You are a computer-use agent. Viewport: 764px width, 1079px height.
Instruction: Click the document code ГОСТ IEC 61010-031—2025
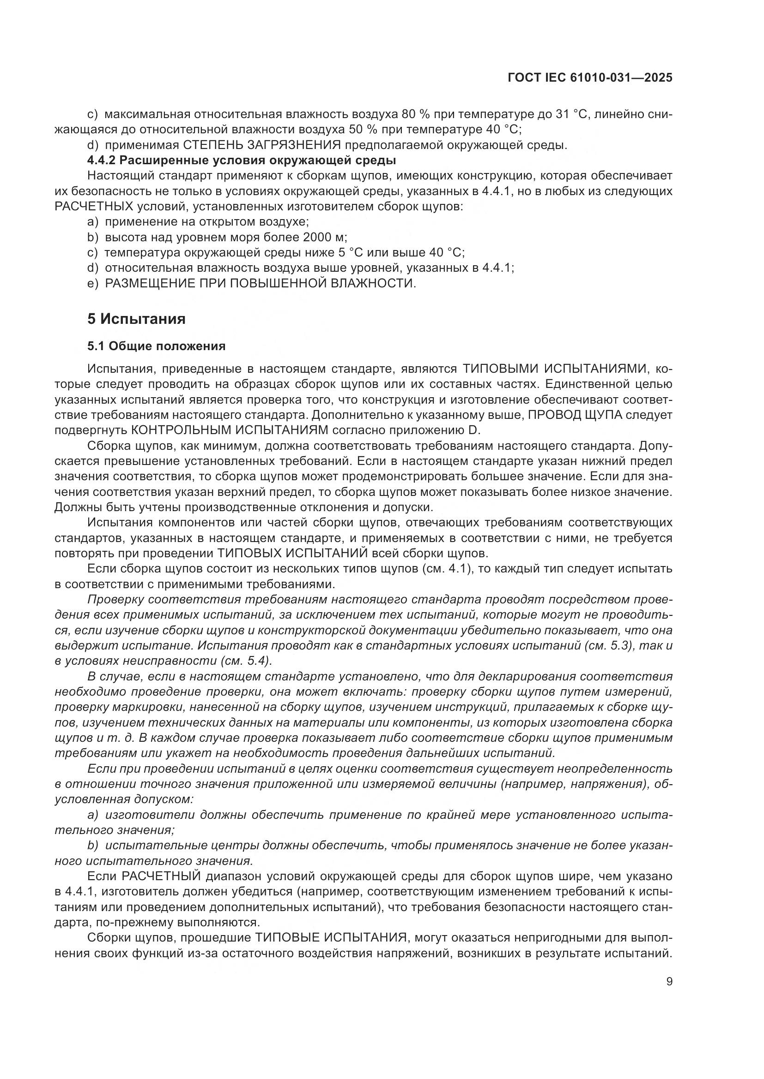pos(590,78)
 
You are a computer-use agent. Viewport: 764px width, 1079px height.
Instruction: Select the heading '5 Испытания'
pos(136,319)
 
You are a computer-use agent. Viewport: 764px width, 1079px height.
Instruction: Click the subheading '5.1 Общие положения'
pos(156,346)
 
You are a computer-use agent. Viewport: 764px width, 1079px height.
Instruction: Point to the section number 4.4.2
pos(101,160)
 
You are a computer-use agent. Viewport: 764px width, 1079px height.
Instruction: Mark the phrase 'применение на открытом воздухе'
pos(206,222)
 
